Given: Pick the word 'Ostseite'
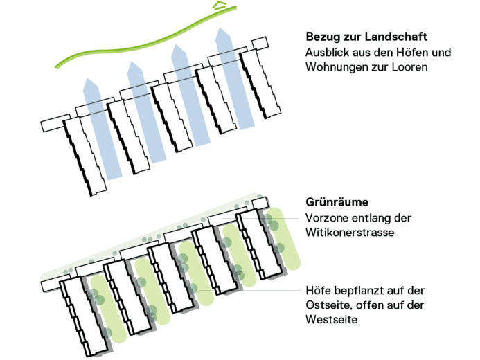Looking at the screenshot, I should pos(327,306).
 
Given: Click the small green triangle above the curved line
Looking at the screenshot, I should pos(220,6).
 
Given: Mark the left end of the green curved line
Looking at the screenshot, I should pos(59,66).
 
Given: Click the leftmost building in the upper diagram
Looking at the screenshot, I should pos(85,156).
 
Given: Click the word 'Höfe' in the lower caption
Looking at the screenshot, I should pos(318,290).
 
